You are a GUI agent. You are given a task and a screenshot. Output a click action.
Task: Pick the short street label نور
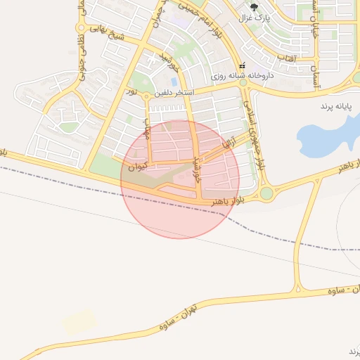(131, 92)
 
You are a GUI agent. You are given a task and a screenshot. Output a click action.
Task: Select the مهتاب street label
(148, 129)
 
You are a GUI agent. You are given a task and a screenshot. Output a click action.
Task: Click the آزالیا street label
(229, 143)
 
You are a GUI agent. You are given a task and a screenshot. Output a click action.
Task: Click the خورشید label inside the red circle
(198, 169)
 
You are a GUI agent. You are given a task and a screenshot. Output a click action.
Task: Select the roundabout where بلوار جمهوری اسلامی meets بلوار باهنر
(266, 192)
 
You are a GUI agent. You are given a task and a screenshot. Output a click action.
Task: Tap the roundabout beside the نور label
(146, 96)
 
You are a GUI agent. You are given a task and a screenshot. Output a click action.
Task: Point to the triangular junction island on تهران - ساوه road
(299, 285)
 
